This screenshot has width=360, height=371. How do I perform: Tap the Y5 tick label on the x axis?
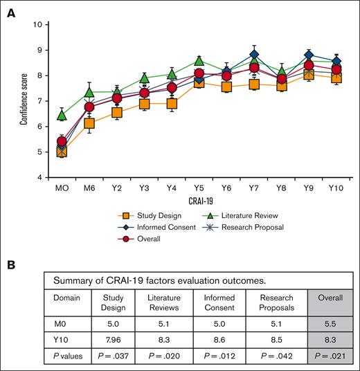pyautogui.click(x=199, y=188)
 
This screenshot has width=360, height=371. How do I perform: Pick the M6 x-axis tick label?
pyautogui.click(x=89, y=188)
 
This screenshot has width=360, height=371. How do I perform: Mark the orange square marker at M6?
pyautogui.click(x=89, y=123)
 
